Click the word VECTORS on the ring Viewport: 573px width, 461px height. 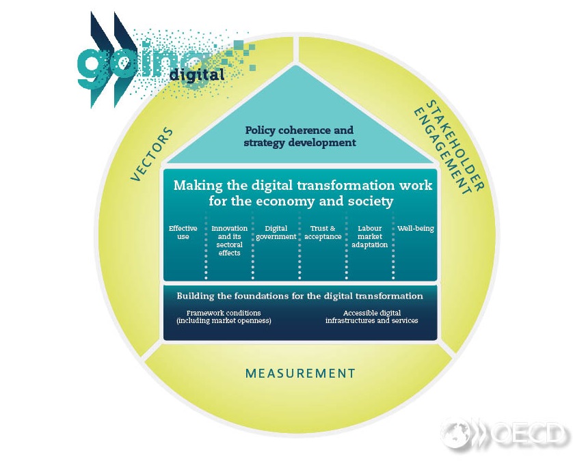(x=152, y=154)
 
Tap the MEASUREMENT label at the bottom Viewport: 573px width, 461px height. (x=300, y=374)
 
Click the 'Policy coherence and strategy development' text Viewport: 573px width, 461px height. (x=299, y=136)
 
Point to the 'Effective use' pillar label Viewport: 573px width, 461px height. (x=183, y=232)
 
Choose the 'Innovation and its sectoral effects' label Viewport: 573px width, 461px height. (x=229, y=240)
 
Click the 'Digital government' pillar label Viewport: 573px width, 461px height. (x=276, y=232)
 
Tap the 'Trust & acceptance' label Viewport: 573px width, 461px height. (x=322, y=232)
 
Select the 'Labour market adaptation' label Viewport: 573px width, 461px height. (x=369, y=236)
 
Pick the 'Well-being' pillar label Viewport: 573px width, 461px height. (x=416, y=228)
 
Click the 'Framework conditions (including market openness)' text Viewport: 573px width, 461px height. (x=224, y=316)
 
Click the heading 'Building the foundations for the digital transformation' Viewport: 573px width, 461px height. (x=299, y=296)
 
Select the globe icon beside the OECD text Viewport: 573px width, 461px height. (x=455, y=434)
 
